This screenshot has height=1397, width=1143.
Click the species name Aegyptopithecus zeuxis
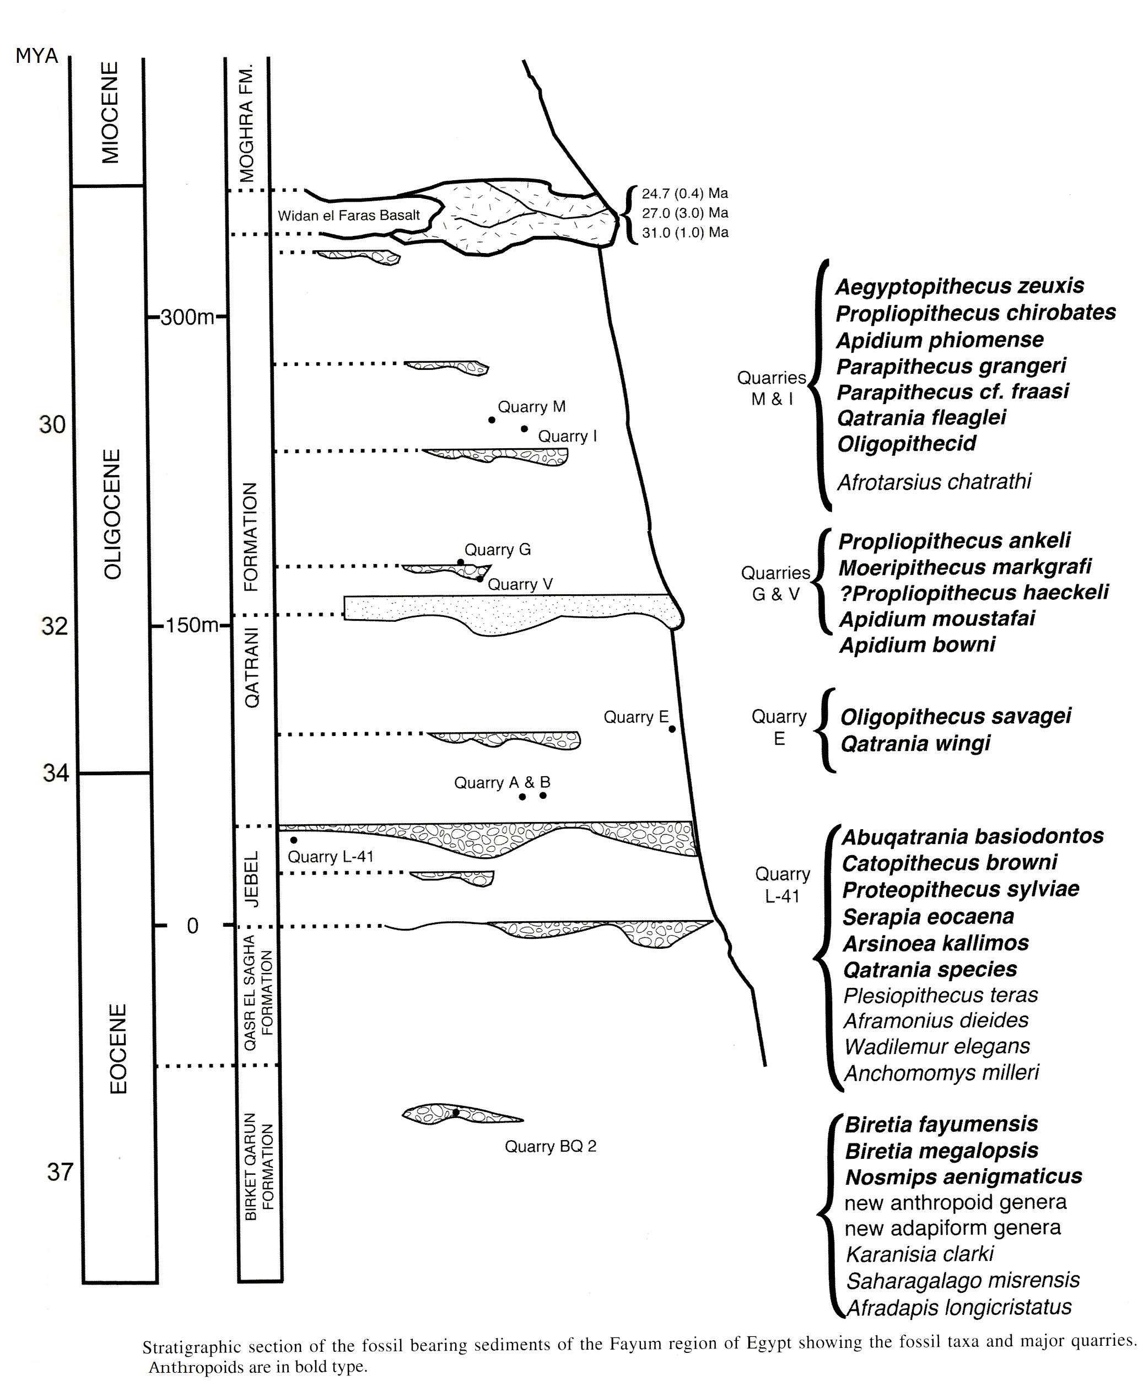(959, 286)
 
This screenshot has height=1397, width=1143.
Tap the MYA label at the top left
(37, 56)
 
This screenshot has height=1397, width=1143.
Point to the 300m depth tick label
(187, 318)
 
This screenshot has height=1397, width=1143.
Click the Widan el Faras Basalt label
(348, 216)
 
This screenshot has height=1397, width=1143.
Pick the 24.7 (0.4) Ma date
(684, 194)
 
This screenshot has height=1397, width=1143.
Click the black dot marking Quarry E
(672, 729)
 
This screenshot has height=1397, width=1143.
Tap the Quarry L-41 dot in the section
(294, 840)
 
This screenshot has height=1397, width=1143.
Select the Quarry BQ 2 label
(551, 1147)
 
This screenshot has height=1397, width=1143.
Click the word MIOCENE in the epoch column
(110, 112)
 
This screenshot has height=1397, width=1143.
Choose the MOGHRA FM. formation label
(246, 123)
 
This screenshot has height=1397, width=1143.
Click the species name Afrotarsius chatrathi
(934, 482)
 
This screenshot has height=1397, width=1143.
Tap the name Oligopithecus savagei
(956, 717)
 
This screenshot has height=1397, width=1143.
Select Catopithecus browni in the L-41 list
(949, 863)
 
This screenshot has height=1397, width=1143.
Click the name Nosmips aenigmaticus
(963, 1176)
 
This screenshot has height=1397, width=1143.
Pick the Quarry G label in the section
(497, 549)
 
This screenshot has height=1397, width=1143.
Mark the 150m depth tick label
(192, 625)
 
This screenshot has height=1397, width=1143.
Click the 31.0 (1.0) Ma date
(684, 233)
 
